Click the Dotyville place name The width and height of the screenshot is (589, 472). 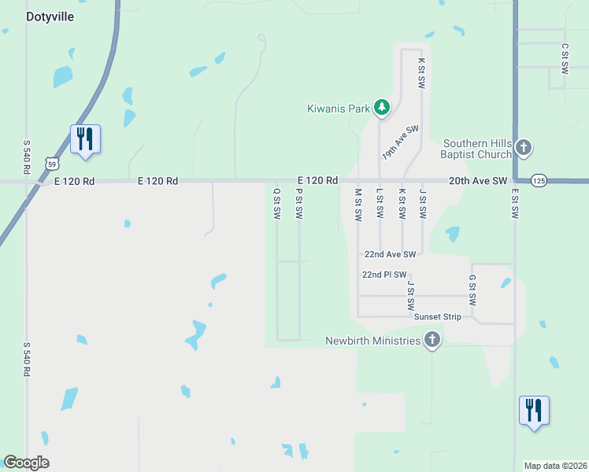coord(50,17)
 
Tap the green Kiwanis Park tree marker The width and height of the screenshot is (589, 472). coord(382,108)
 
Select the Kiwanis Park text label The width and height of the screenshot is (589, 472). coord(339,109)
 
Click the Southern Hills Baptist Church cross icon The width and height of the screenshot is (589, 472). coord(524,147)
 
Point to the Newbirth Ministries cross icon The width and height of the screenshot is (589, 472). coord(432,341)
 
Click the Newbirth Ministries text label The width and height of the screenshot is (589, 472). coord(372,341)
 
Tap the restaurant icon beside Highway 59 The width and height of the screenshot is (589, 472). coord(84,139)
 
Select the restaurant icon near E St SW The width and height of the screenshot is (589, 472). coord(534,411)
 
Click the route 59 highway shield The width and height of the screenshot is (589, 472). coord(51,163)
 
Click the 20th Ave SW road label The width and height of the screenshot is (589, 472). coord(479,181)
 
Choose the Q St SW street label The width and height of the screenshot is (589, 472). coord(276,203)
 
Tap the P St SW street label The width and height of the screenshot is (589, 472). coord(299,203)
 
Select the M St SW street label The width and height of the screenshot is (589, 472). coord(357,203)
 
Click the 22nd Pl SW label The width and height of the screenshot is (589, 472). coord(383,275)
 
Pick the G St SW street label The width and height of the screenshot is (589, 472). coord(472,290)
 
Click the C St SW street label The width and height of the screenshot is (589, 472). coord(565,59)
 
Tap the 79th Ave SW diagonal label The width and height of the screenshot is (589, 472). coord(401,142)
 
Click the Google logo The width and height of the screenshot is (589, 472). coord(26,463)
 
